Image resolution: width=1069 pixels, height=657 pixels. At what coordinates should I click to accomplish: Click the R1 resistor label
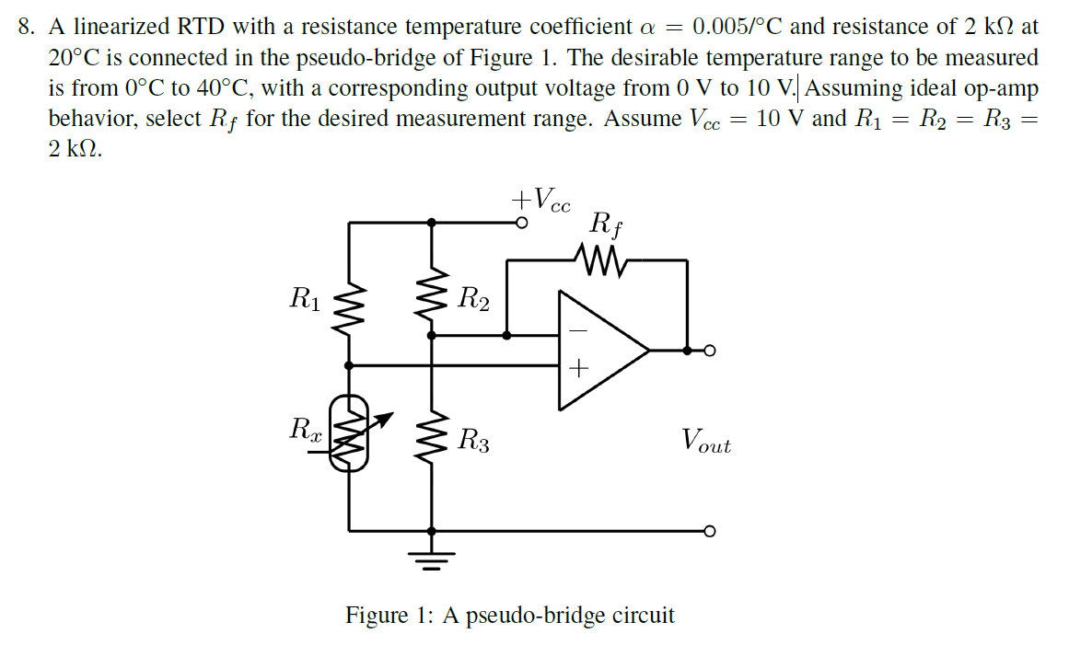coord(305,297)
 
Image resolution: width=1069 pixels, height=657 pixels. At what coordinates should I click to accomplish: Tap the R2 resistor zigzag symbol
coord(432,297)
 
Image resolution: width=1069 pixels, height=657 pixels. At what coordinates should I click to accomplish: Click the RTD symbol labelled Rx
coord(349,432)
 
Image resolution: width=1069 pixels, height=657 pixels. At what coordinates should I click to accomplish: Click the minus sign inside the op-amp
coord(578,328)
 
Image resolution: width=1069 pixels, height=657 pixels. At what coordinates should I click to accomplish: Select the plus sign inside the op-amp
coord(578,369)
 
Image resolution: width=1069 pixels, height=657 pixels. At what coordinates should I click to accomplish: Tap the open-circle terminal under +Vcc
coord(520,223)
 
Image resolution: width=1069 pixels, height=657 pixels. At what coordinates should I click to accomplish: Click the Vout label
coord(706,441)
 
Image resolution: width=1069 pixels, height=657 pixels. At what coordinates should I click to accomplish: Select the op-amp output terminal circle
coord(708,351)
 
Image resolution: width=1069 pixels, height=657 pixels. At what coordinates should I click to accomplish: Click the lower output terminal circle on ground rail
coord(708,531)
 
